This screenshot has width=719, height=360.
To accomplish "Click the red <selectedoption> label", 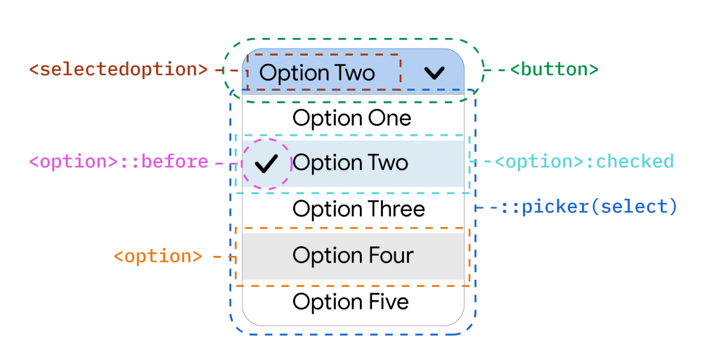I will pyautogui.click(x=118, y=70).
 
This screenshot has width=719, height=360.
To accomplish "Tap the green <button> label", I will pyautogui.click(x=553, y=70).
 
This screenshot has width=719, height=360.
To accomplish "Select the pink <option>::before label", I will pyautogui.click(x=118, y=162).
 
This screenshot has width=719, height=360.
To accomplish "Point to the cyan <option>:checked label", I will pyautogui.click(x=583, y=162).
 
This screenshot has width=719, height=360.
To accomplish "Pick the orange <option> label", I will pyautogui.click(x=157, y=256).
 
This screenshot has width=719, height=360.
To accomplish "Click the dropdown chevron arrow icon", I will pyautogui.click(x=435, y=72).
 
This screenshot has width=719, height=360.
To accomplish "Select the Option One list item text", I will pyautogui.click(x=351, y=118).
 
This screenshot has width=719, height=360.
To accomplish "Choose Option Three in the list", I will pyautogui.click(x=358, y=209).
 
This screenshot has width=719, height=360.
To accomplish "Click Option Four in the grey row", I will pyautogui.click(x=353, y=255).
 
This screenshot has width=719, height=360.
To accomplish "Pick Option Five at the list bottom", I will pyautogui.click(x=351, y=302).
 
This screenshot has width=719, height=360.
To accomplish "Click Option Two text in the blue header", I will pyautogui.click(x=317, y=73).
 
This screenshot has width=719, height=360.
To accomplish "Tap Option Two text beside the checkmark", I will pyautogui.click(x=350, y=163).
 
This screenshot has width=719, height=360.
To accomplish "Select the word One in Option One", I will pyautogui.click(x=387, y=118).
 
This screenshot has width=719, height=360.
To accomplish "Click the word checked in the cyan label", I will pyautogui.click(x=635, y=162).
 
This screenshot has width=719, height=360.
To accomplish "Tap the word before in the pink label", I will pyautogui.click(x=175, y=162).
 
